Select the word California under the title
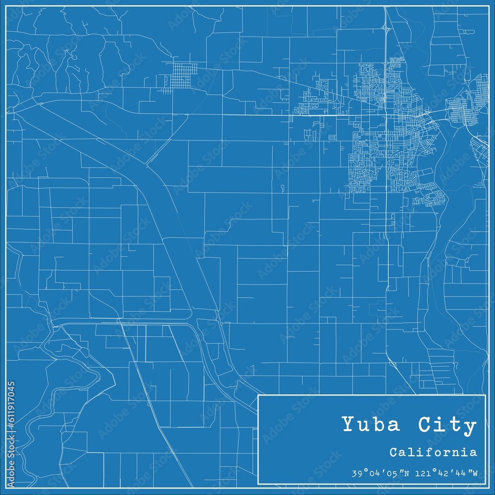tap(433, 452)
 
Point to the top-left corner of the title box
tap(259, 395)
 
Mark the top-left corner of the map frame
tap(6, 6)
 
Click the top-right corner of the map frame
tap(489, 6)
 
